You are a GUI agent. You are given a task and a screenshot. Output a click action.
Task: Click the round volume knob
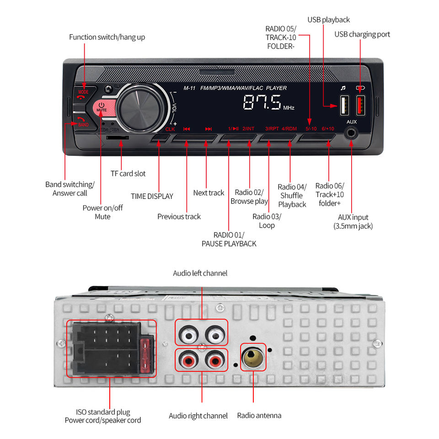[139, 108]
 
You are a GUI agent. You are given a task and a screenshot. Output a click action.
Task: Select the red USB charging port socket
[360, 105]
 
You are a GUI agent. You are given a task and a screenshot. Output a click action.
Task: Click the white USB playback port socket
[344, 105]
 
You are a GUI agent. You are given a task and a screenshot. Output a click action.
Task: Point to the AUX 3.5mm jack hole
[351, 133]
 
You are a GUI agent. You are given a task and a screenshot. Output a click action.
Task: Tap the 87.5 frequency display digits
[262, 102]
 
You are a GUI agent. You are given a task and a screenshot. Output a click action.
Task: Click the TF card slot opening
[118, 138]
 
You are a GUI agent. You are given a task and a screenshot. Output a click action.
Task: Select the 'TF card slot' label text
[128, 174]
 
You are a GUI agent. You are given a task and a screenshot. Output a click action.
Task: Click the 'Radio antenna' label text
[259, 416]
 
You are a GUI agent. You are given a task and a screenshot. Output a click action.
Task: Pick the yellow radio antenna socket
[253, 357]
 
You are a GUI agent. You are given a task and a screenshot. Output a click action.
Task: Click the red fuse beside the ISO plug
[145, 356]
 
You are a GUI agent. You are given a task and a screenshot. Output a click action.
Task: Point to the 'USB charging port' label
[362, 34]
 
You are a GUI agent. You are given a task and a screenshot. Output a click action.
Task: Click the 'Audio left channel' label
[200, 273]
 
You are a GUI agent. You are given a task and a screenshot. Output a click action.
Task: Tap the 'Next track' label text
[209, 193]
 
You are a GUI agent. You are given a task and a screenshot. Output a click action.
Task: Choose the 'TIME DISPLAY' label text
[152, 196]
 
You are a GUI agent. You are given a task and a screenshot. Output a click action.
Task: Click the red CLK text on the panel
[170, 129]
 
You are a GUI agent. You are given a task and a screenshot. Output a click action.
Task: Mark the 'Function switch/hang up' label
[107, 37]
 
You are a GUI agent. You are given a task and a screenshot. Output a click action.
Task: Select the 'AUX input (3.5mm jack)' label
[353, 222]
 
